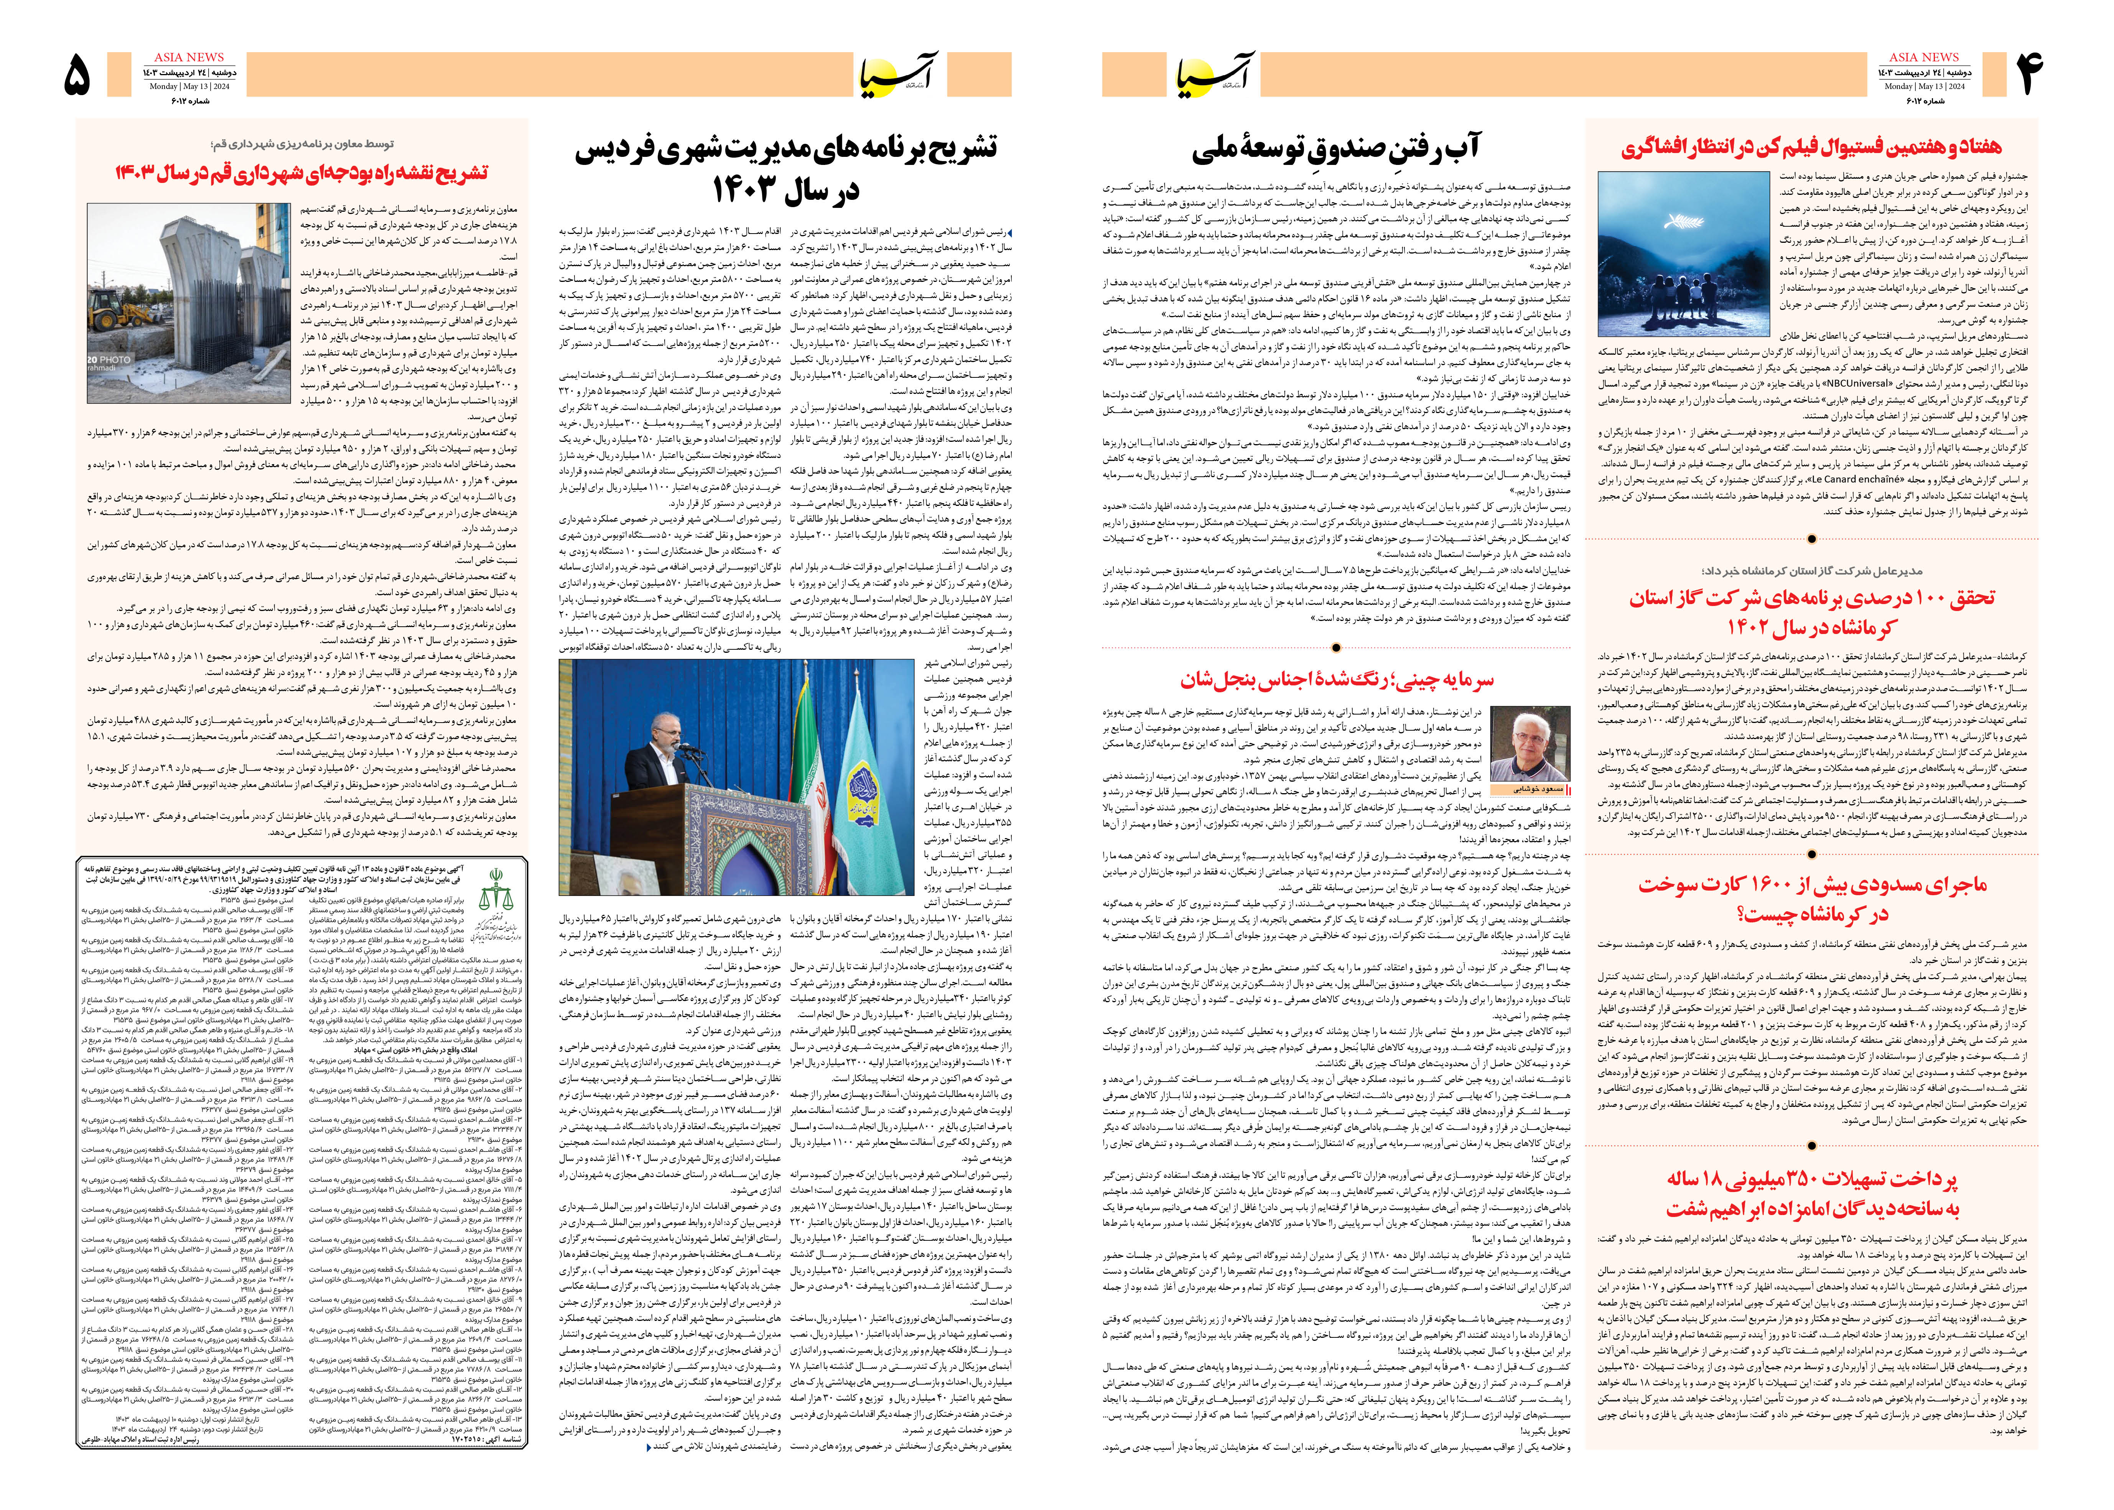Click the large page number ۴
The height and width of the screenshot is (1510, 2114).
pos(2027,74)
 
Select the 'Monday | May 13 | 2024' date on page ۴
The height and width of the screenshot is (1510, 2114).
pos(1923,86)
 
